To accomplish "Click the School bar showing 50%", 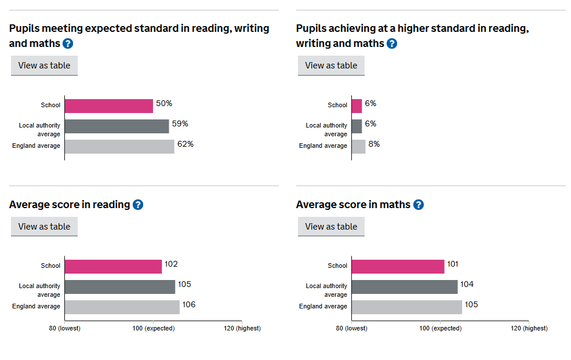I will coord(108,106).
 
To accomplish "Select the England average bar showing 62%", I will coord(119,146).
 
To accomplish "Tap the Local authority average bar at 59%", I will coord(117,126).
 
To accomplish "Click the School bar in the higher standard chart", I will coord(357,106).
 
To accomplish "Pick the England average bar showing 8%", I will coord(358,146).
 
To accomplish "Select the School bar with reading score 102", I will coord(113,266).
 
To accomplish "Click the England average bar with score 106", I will coord(122,307).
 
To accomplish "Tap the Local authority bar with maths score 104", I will coord(404,286).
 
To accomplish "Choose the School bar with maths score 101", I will coord(398,266).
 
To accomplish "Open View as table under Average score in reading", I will coord(44,227).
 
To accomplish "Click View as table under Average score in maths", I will coord(331,227).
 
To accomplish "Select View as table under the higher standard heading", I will coord(331,66).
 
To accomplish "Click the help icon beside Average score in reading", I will coord(138,205).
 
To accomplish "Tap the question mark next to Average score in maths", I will coord(419,205).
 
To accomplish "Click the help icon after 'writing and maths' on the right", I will coord(392,43).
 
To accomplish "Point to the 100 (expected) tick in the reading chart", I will coord(153,328).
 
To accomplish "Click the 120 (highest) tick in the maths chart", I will coord(528,328).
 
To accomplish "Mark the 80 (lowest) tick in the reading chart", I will coord(64,328).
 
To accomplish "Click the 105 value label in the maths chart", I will coord(471,304).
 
